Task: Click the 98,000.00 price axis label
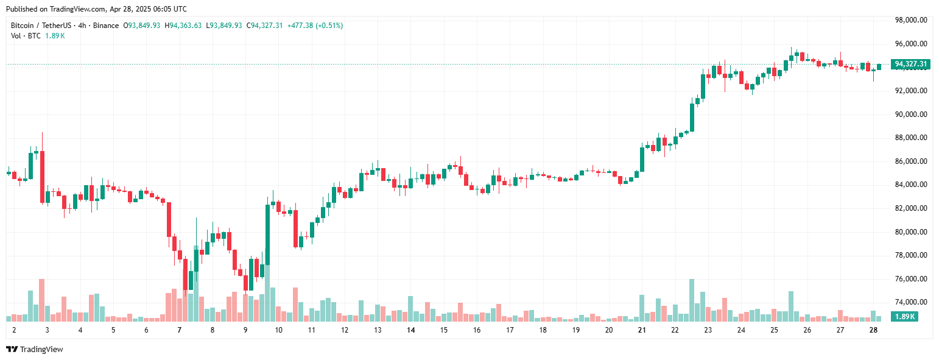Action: pos(910,20)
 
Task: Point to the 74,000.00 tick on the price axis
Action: pos(910,302)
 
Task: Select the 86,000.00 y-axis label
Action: pos(910,161)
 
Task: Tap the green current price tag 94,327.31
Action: pos(910,64)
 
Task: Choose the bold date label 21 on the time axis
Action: pos(641,330)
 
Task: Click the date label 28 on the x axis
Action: pos(873,330)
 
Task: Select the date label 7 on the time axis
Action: pos(179,330)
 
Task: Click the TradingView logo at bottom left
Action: pos(34,349)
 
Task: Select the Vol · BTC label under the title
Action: pos(26,36)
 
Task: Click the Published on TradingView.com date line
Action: pos(96,9)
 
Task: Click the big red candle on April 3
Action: pos(42,177)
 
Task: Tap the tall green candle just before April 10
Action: pos(267,235)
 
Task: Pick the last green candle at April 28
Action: pos(879,67)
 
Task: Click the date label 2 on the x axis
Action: pos(13,330)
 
